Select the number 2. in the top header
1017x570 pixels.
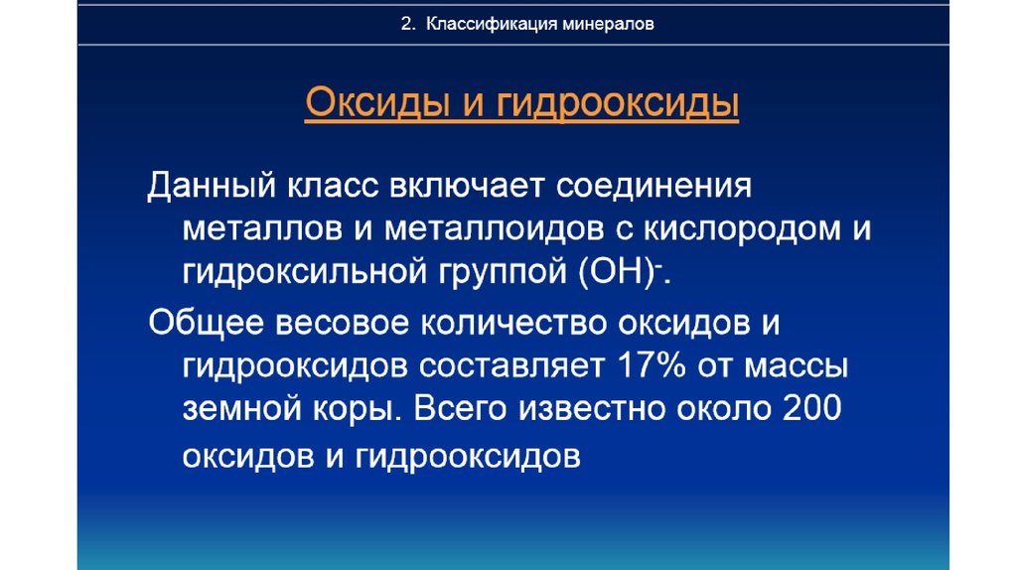(x=408, y=24)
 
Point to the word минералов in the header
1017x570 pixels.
(x=609, y=24)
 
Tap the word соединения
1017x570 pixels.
(x=654, y=187)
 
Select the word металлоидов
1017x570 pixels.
(x=495, y=230)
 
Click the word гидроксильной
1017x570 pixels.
(x=305, y=272)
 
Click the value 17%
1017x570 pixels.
(x=652, y=365)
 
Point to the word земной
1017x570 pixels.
(x=242, y=409)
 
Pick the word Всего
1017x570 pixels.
(x=460, y=408)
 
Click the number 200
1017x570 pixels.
(x=811, y=408)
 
